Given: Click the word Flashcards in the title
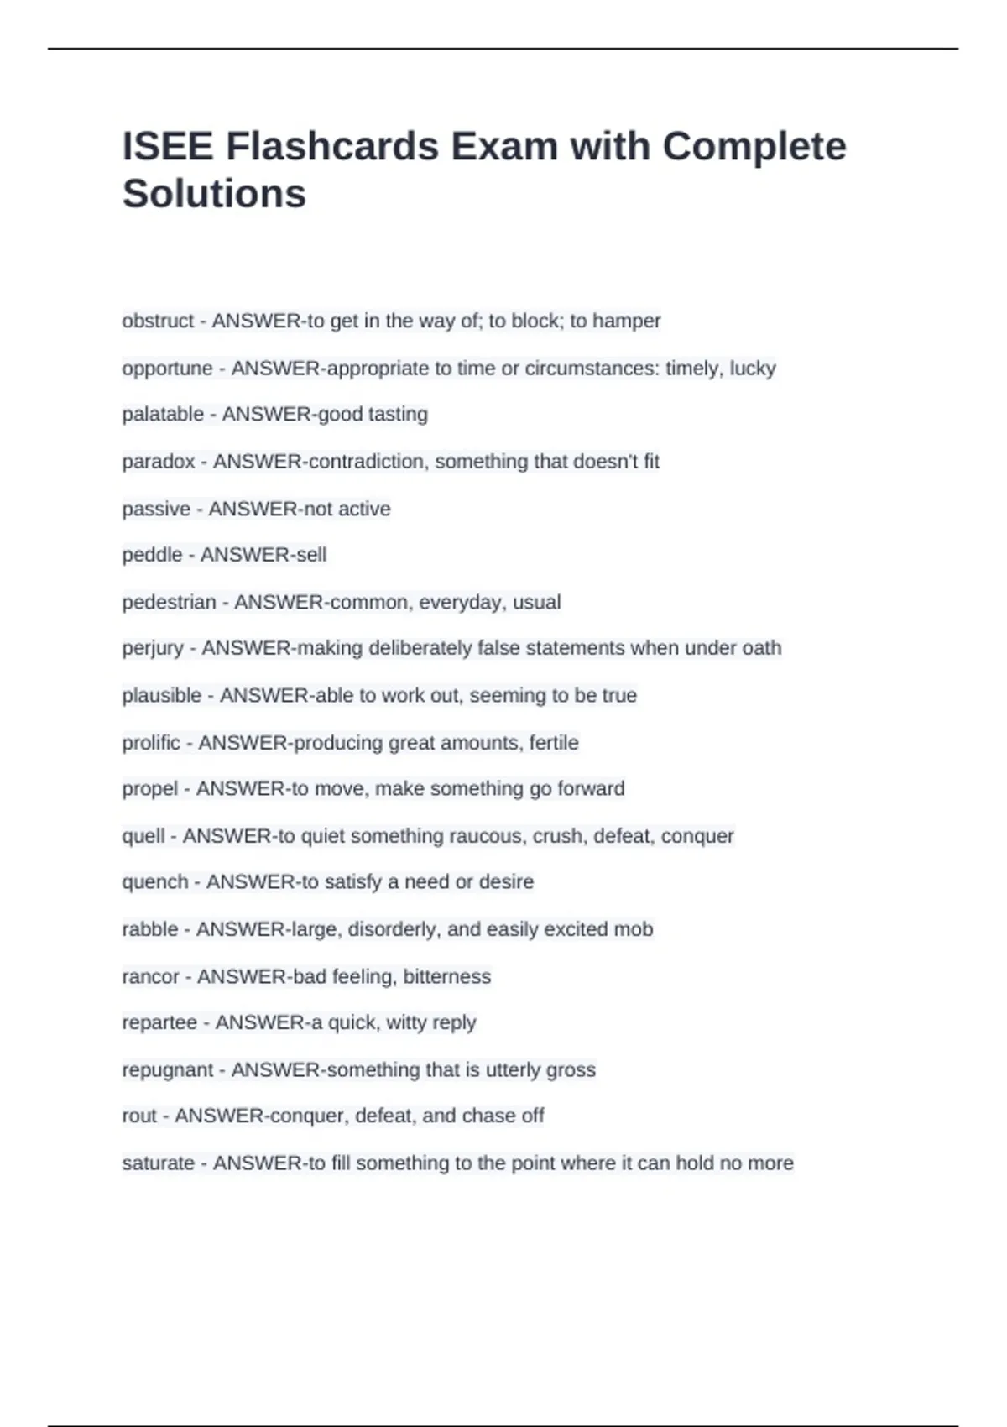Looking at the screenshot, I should click(x=331, y=147).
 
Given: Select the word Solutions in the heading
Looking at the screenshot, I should click(x=214, y=194).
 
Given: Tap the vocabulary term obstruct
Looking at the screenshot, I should click(x=158, y=321).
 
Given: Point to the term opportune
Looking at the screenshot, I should click(x=167, y=369).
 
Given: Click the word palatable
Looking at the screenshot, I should click(x=163, y=415).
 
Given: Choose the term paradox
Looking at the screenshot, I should click(x=159, y=462).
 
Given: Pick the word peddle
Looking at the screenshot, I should click(x=152, y=555).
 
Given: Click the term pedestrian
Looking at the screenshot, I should click(x=169, y=603).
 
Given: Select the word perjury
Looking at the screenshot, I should click(x=153, y=649).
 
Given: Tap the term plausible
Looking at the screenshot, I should click(x=162, y=696).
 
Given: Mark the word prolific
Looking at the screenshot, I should click(x=151, y=743).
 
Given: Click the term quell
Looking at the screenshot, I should click(x=143, y=836).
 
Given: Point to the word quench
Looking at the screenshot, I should click(x=155, y=882).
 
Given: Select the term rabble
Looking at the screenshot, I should click(x=150, y=929).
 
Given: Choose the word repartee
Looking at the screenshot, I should click(x=159, y=1022).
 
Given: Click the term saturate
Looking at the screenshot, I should click(x=158, y=1163).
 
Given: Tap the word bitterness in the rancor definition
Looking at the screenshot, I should click(x=446, y=976).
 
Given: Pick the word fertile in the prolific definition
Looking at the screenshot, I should click(x=554, y=743).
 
